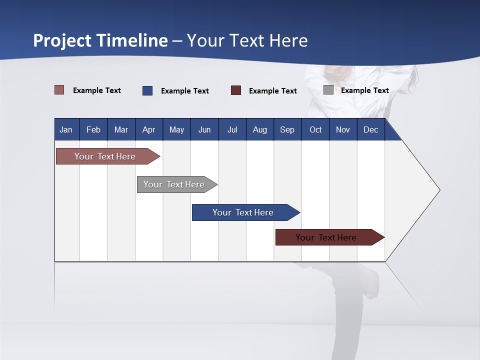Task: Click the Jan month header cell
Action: (x=66, y=129)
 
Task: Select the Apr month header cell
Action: (x=148, y=129)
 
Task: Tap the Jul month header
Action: (x=232, y=129)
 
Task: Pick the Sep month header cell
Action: (x=287, y=129)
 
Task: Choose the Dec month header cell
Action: (x=370, y=129)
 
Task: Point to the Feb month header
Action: (x=93, y=129)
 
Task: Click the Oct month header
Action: (x=315, y=129)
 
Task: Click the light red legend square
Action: (x=59, y=90)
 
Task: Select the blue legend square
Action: (x=147, y=90)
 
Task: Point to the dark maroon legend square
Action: (x=236, y=90)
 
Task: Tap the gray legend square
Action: (x=328, y=90)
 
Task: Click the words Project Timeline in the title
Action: (x=100, y=40)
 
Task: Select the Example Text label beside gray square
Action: (x=364, y=90)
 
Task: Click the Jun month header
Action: (x=204, y=129)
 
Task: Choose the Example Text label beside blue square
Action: (x=184, y=91)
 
